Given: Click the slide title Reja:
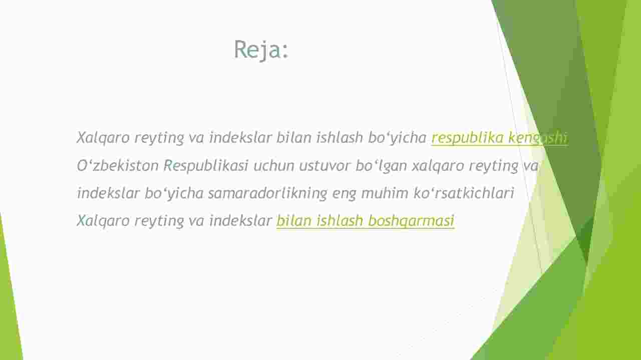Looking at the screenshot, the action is coord(261,50).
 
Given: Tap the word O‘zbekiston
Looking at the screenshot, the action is coord(118,165).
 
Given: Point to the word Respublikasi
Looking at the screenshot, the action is coord(206,166).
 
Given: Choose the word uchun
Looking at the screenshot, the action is coord(274,166).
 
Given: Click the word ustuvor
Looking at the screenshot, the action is coord(325,166).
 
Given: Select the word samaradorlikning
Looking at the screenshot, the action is coord(267,193).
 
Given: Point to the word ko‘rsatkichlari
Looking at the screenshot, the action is coord(464,193).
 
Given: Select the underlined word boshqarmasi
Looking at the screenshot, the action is coord(411,221).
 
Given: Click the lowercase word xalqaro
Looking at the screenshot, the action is coord(438,166).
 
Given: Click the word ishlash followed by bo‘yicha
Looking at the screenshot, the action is coord(340,138).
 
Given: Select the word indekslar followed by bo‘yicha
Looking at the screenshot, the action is coord(108,193).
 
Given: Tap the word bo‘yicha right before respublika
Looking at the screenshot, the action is coord(397,138).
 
